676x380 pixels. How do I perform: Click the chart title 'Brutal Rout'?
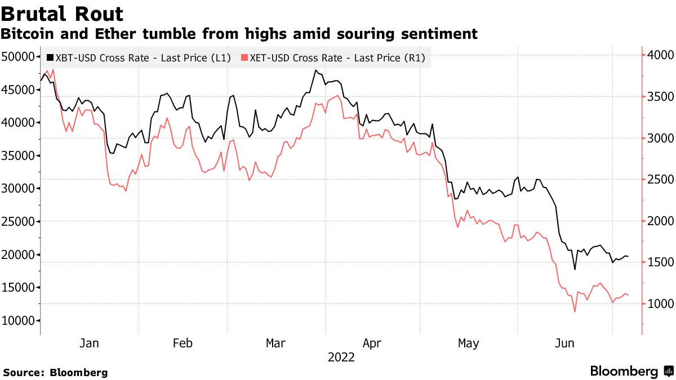[63, 13]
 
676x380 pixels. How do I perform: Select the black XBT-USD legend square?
[50, 57]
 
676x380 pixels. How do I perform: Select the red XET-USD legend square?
[244, 57]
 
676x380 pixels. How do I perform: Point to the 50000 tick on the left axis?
[18, 56]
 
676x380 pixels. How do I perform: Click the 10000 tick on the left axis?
[18, 321]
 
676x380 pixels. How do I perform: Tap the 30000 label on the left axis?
[18, 189]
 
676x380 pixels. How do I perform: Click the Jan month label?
[90, 343]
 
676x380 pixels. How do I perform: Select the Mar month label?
[276, 343]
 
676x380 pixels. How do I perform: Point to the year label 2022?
[341, 357]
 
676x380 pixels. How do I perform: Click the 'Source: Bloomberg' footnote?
[55, 373]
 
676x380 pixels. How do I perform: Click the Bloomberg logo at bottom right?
[631, 372]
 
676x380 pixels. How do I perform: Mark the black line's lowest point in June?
[575, 269]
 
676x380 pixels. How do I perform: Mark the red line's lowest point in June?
[575, 311]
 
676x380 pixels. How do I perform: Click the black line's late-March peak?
[315, 70]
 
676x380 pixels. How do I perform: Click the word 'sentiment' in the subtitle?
[443, 34]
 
